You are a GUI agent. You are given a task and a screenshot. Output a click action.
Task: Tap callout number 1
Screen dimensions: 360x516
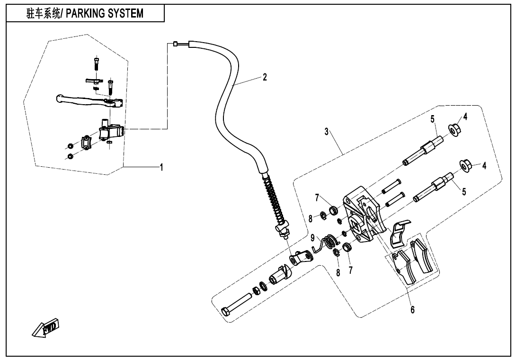point(161,167)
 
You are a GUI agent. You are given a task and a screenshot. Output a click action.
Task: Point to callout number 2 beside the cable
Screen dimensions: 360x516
point(265,77)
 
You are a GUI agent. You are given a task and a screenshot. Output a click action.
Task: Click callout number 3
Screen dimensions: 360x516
point(327,132)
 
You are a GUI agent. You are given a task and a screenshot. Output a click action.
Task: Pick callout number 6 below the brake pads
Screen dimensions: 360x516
point(412,309)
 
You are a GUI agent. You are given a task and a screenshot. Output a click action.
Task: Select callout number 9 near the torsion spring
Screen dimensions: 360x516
point(312,237)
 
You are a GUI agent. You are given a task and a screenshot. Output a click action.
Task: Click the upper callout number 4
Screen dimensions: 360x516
point(465,117)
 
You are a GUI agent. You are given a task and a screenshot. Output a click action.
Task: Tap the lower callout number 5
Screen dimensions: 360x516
point(463,192)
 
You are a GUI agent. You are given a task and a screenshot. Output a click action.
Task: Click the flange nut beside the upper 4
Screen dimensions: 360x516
point(455,129)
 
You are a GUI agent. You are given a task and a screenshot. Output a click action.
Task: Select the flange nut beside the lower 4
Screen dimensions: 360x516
point(466,166)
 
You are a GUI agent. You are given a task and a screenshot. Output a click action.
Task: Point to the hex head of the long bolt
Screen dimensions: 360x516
point(227,312)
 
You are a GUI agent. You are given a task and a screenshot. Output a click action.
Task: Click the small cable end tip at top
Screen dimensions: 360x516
point(175,44)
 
